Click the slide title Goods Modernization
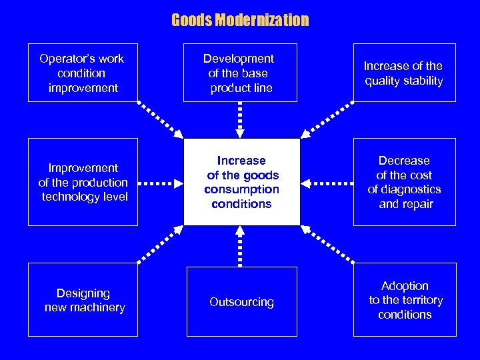pos(240,20)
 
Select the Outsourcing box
pos(241,302)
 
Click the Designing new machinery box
pos(83,300)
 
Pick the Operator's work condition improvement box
pos(83,73)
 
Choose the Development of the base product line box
pos(240,73)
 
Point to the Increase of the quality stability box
pos(404,73)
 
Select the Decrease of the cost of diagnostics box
pos(404,182)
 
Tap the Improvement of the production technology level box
pos(83,182)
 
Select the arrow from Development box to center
pos(241,120)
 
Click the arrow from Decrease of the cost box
pos(327,182)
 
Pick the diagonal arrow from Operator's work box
pos(160,120)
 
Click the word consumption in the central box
pos(241,190)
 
